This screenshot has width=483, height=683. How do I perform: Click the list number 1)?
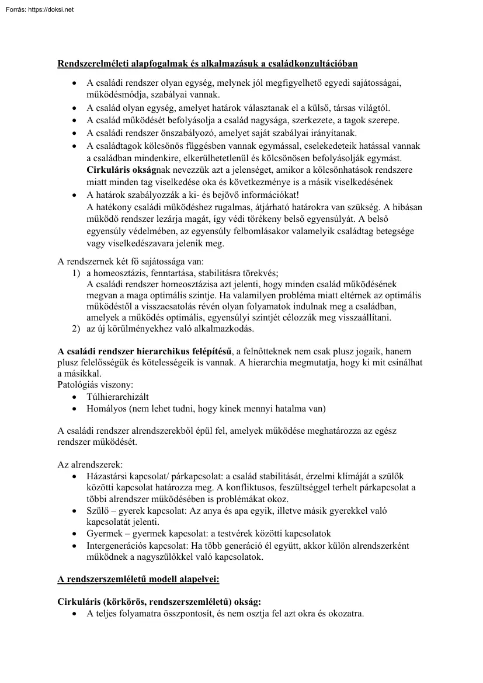coord(75,273)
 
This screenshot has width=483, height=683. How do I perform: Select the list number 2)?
coord(75,329)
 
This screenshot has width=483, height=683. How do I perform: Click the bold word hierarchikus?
coord(172,351)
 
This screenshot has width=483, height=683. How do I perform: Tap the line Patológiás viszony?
coord(96,385)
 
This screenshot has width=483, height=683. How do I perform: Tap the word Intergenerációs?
coord(117,545)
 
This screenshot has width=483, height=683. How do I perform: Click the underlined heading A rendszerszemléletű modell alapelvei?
coord(138,579)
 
